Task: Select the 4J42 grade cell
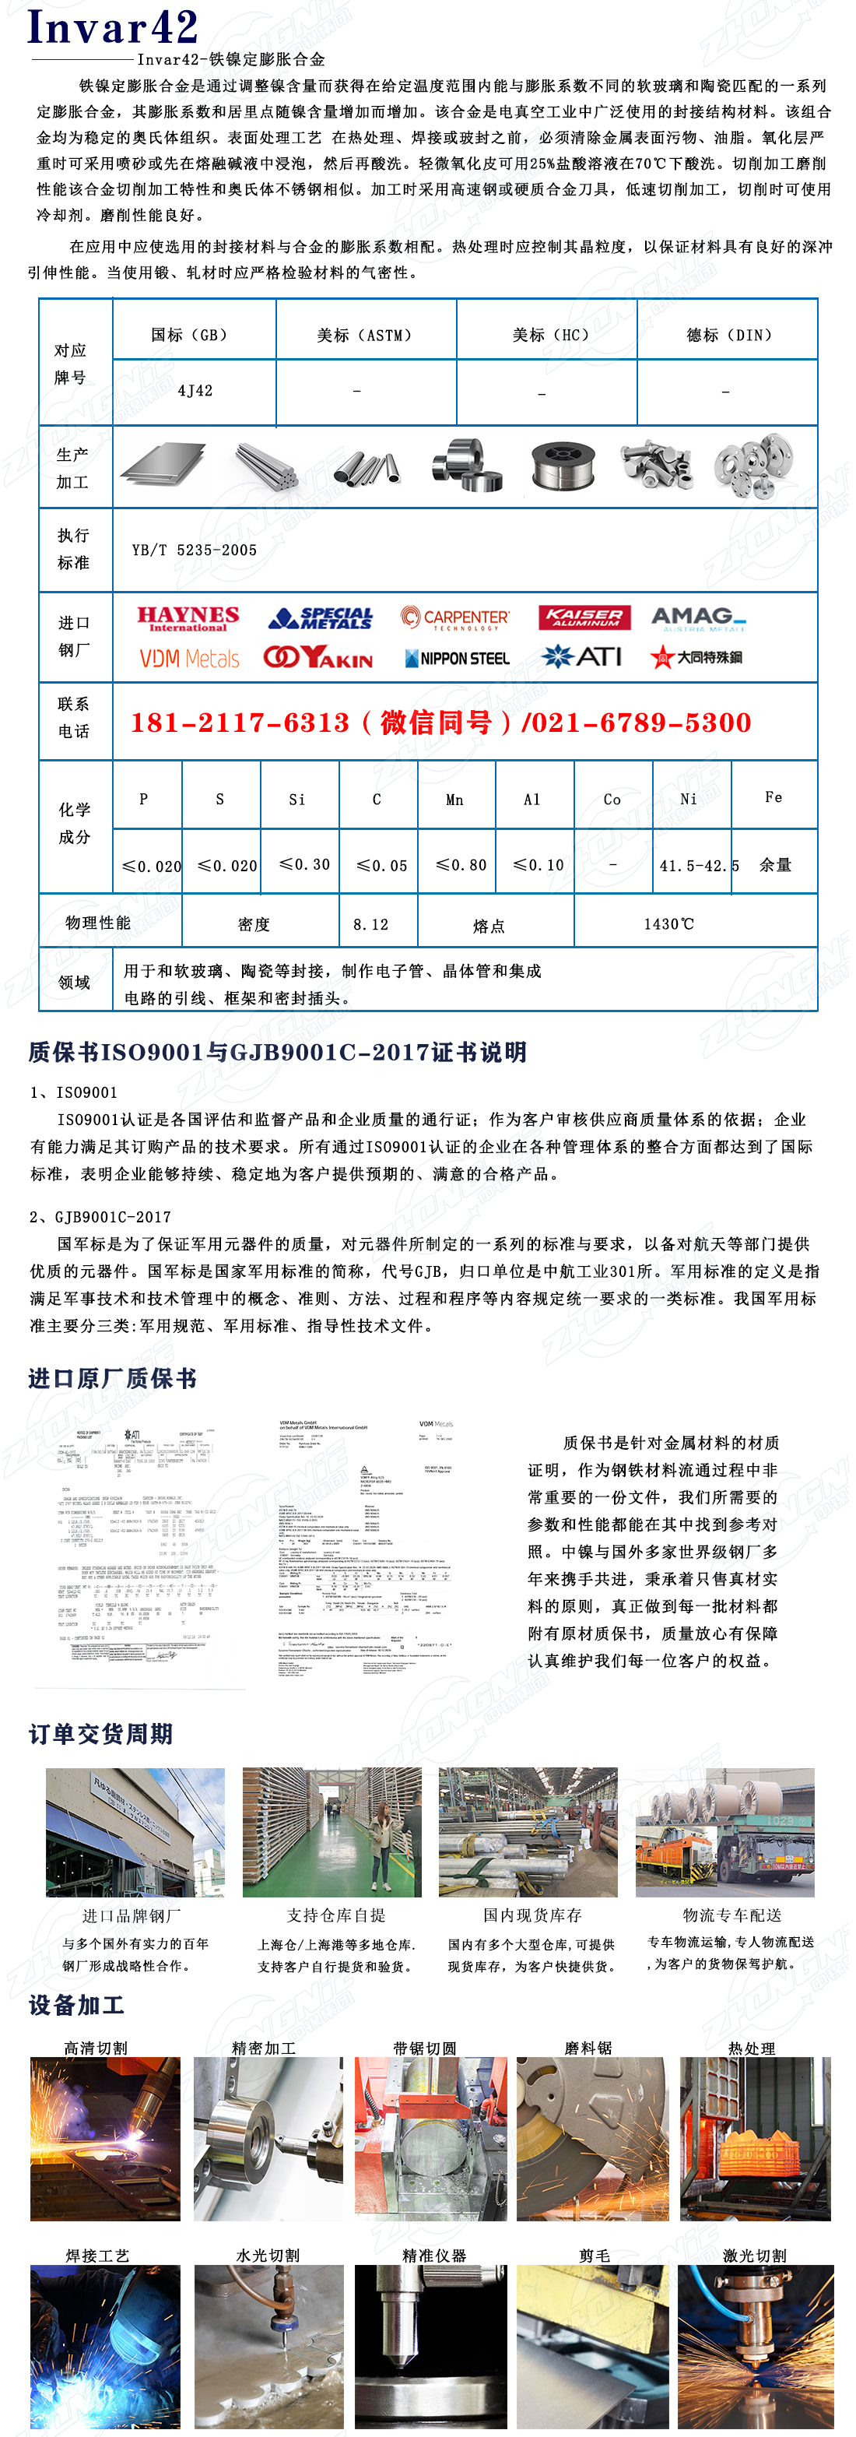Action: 195,391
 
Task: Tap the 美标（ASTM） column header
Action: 365,335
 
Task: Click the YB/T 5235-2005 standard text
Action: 195,550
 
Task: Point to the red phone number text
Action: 440,723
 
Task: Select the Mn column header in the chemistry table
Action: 455,800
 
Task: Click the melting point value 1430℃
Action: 668,923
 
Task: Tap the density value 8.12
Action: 370,924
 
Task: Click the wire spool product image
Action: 563,466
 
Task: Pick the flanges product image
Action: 754,466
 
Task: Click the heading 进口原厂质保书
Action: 113,1377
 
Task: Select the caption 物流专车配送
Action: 732,1915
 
